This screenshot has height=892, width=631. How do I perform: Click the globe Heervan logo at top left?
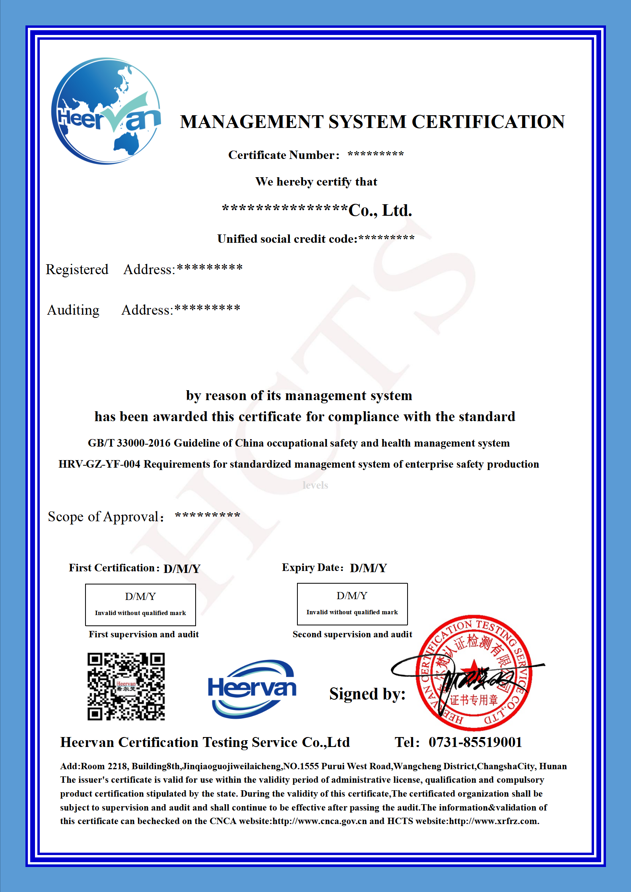pyautogui.click(x=107, y=111)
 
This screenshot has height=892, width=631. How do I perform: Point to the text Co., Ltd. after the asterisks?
pyautogui.click(x=380, y=210)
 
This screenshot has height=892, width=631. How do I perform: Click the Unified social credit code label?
pyautogui.click(x=287, y=239)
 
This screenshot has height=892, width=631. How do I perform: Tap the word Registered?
pyautogui.click(x=77, y=269)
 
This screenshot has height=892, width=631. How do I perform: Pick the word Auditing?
pyautogui.click(x=73, y=310)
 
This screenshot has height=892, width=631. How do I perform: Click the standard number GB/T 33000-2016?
pyautogui.click(x=129, y=443)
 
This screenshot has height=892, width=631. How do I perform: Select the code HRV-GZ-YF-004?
pyautogui.click(x=99, y=464)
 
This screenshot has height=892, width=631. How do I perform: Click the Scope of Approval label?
pyautogui.click(x=105, y=517)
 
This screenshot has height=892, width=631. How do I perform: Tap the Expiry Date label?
pyautogui.click(x=313, y=567)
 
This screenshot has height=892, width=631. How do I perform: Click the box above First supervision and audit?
pyautogui.click(x=140, y=604)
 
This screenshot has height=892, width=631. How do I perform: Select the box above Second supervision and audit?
pyautogui.click(x=352, y=604)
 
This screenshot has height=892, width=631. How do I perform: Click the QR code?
pyautogui.click(x=126, y=686)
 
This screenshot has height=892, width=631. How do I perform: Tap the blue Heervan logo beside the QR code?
pyautogui.click(x=252, y=689)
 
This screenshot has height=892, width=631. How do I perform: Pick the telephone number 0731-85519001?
pyautogui.click(x=475, y=742)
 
